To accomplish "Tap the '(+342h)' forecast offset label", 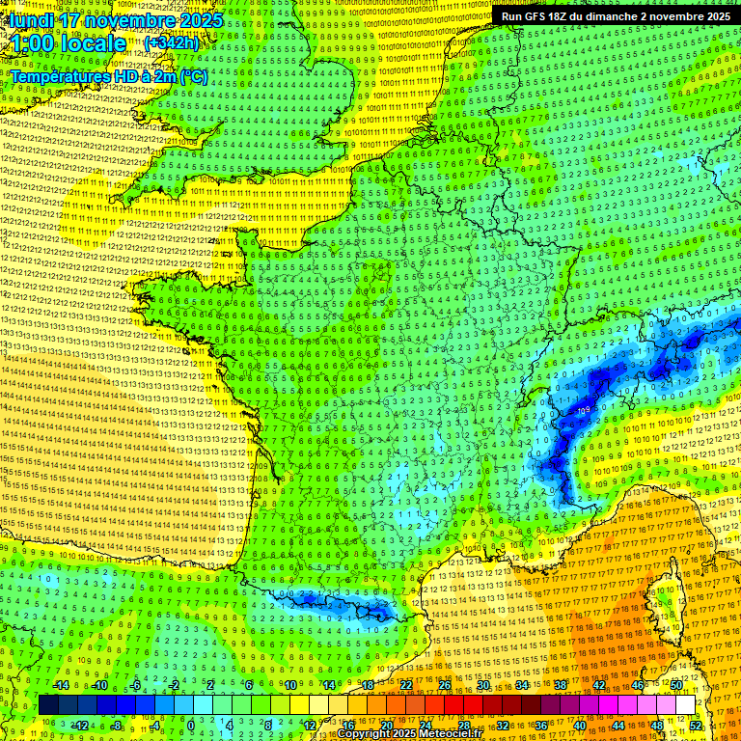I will coord(172,42).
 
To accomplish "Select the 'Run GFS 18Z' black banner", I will coord(616,15).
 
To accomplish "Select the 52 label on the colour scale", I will coord(696,726).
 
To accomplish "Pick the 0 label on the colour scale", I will coord(191,726).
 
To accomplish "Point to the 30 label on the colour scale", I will coord(483,685).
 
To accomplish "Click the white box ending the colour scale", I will coord(685,705).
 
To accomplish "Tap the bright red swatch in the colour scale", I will coord(454,705).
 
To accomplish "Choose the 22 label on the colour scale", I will coord(406,685).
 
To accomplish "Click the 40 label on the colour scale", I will coord(580,726).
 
